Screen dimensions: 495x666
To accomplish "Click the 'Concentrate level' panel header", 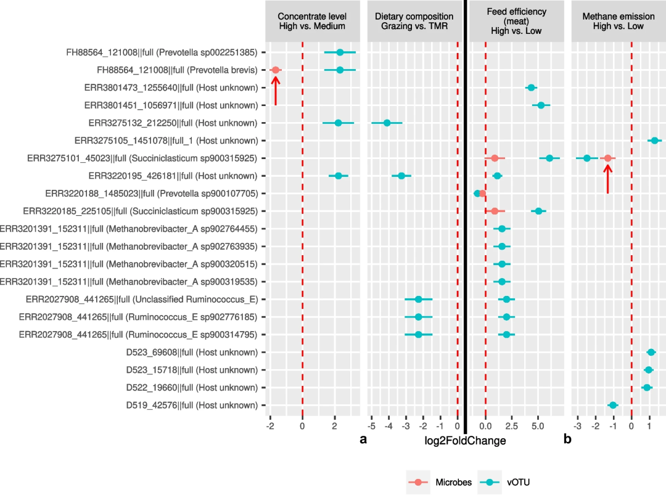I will pyautogui.click(x=311, y=21).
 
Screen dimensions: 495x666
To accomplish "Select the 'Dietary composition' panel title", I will pyautogui.click(x=414, y=21).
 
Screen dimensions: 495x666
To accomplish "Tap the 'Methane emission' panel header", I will pyautogui.click(x=613, y=21).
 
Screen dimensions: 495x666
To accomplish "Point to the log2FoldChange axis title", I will pyautogui.click(x=465, y=441).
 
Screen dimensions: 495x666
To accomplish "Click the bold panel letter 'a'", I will pyautogui.click(x=363, y=440).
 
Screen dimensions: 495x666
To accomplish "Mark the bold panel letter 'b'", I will pyautogui.click(x=567, y=440).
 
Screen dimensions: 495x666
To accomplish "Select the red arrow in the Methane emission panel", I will pyautogui.click(x=607, y=179).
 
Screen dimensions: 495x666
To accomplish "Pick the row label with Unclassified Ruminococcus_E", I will pyautogui.click(x=142, y=300).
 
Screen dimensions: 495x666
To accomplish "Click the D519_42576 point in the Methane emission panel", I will pyautogui.click(x=612, y=405).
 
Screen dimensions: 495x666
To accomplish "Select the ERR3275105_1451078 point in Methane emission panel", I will pyautogui.click(x=654, y=141).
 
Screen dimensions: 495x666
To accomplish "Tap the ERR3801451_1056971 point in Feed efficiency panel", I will pyautogui.click(x=541, y=105).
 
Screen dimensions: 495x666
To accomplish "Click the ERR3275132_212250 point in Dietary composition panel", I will pyautogui.click(x=387, y=123).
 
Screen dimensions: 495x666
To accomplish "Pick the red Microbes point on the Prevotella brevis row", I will pyautogui.click(x=276, y=70).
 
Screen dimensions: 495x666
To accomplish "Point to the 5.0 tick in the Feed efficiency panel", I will pyautogui.click(x=537, y=425).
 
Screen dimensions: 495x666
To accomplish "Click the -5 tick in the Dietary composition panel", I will pyautogui.click(x=372, y=425).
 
